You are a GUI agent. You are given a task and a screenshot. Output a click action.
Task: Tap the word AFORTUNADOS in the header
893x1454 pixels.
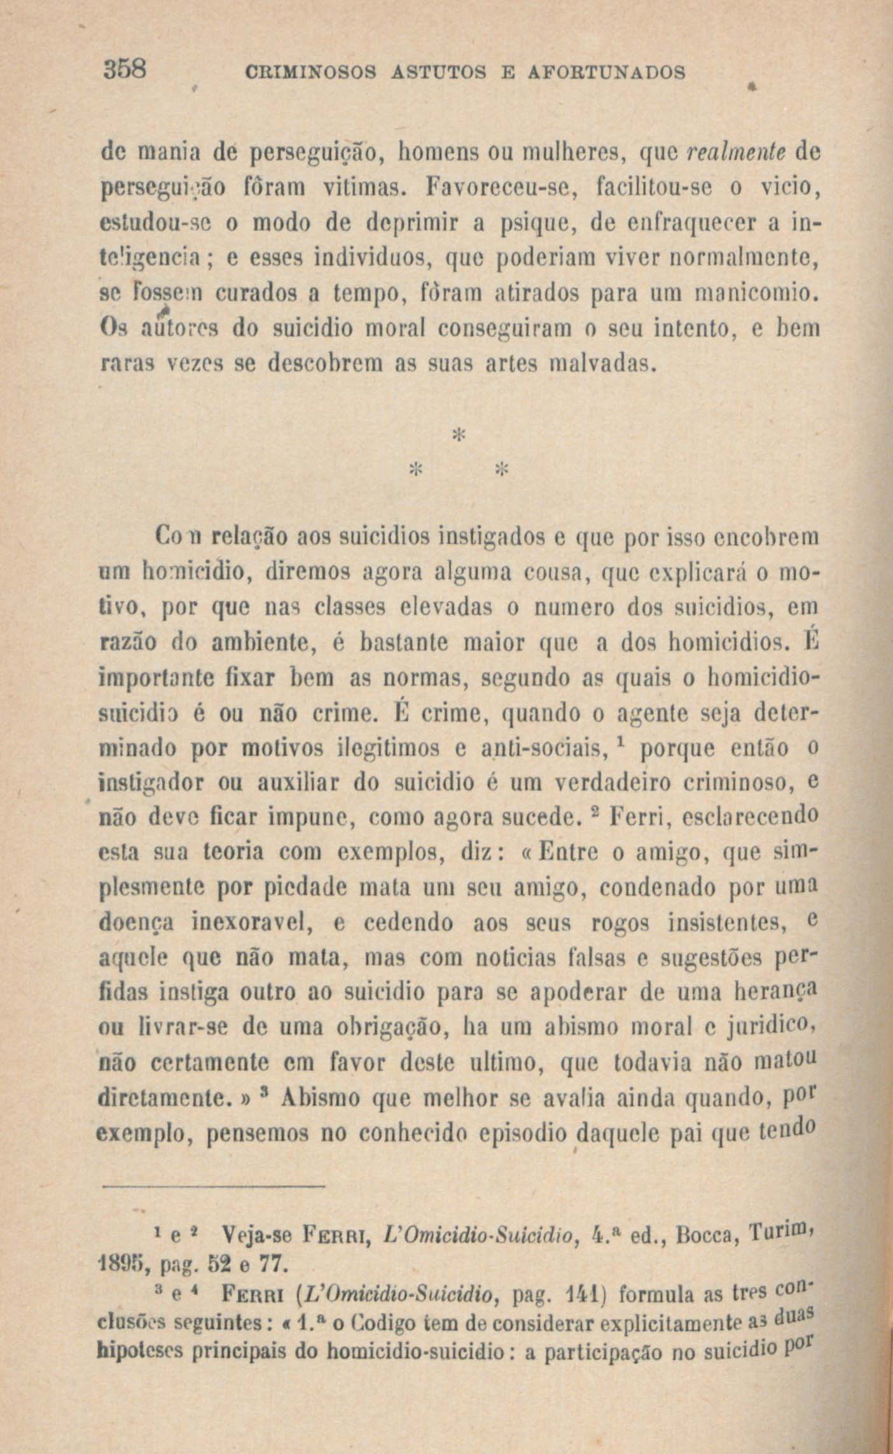click(x=607, y=72)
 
